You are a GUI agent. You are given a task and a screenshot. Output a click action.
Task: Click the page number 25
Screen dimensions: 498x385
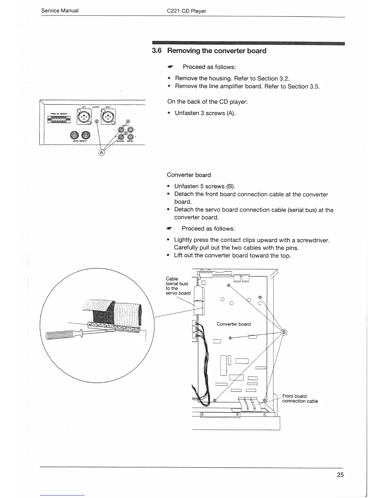[340, 475]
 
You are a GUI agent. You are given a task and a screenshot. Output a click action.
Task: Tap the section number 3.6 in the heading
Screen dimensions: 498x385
[157, 51]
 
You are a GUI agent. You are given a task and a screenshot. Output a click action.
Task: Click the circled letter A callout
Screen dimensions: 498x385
[101, 153]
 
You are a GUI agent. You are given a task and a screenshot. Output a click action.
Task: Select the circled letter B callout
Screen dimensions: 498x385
[284, 332]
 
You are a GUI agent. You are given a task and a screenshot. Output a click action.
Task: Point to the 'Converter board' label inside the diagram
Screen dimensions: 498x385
[234, 324]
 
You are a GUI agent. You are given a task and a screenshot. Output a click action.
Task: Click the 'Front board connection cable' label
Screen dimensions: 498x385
[300, 399]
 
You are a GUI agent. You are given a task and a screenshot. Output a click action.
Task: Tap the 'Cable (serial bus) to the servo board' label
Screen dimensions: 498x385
[178, 286]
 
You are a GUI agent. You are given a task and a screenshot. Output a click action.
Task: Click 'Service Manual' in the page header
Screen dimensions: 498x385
[60, 11]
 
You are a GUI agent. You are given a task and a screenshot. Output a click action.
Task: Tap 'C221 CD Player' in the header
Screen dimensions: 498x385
[186, 11]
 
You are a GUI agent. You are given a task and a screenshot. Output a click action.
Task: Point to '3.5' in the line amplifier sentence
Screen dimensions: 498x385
[314, 86]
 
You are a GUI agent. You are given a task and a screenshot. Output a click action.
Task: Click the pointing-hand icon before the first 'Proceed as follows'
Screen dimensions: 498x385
[170, 67]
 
